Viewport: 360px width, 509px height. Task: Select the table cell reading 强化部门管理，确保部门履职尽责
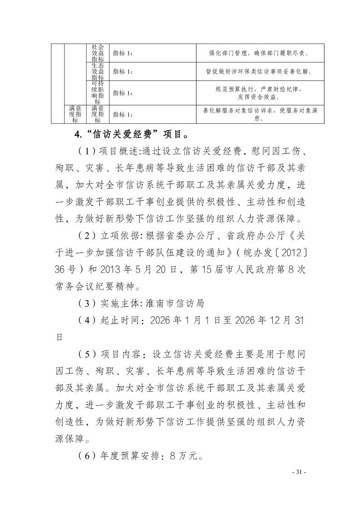pos(260,53)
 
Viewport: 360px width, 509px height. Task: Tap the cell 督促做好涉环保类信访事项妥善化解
pos(260,71)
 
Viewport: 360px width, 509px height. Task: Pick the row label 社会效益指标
pos(98,53)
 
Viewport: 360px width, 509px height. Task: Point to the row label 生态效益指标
pos(98,71)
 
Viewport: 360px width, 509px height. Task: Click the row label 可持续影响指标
pos(98,93)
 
